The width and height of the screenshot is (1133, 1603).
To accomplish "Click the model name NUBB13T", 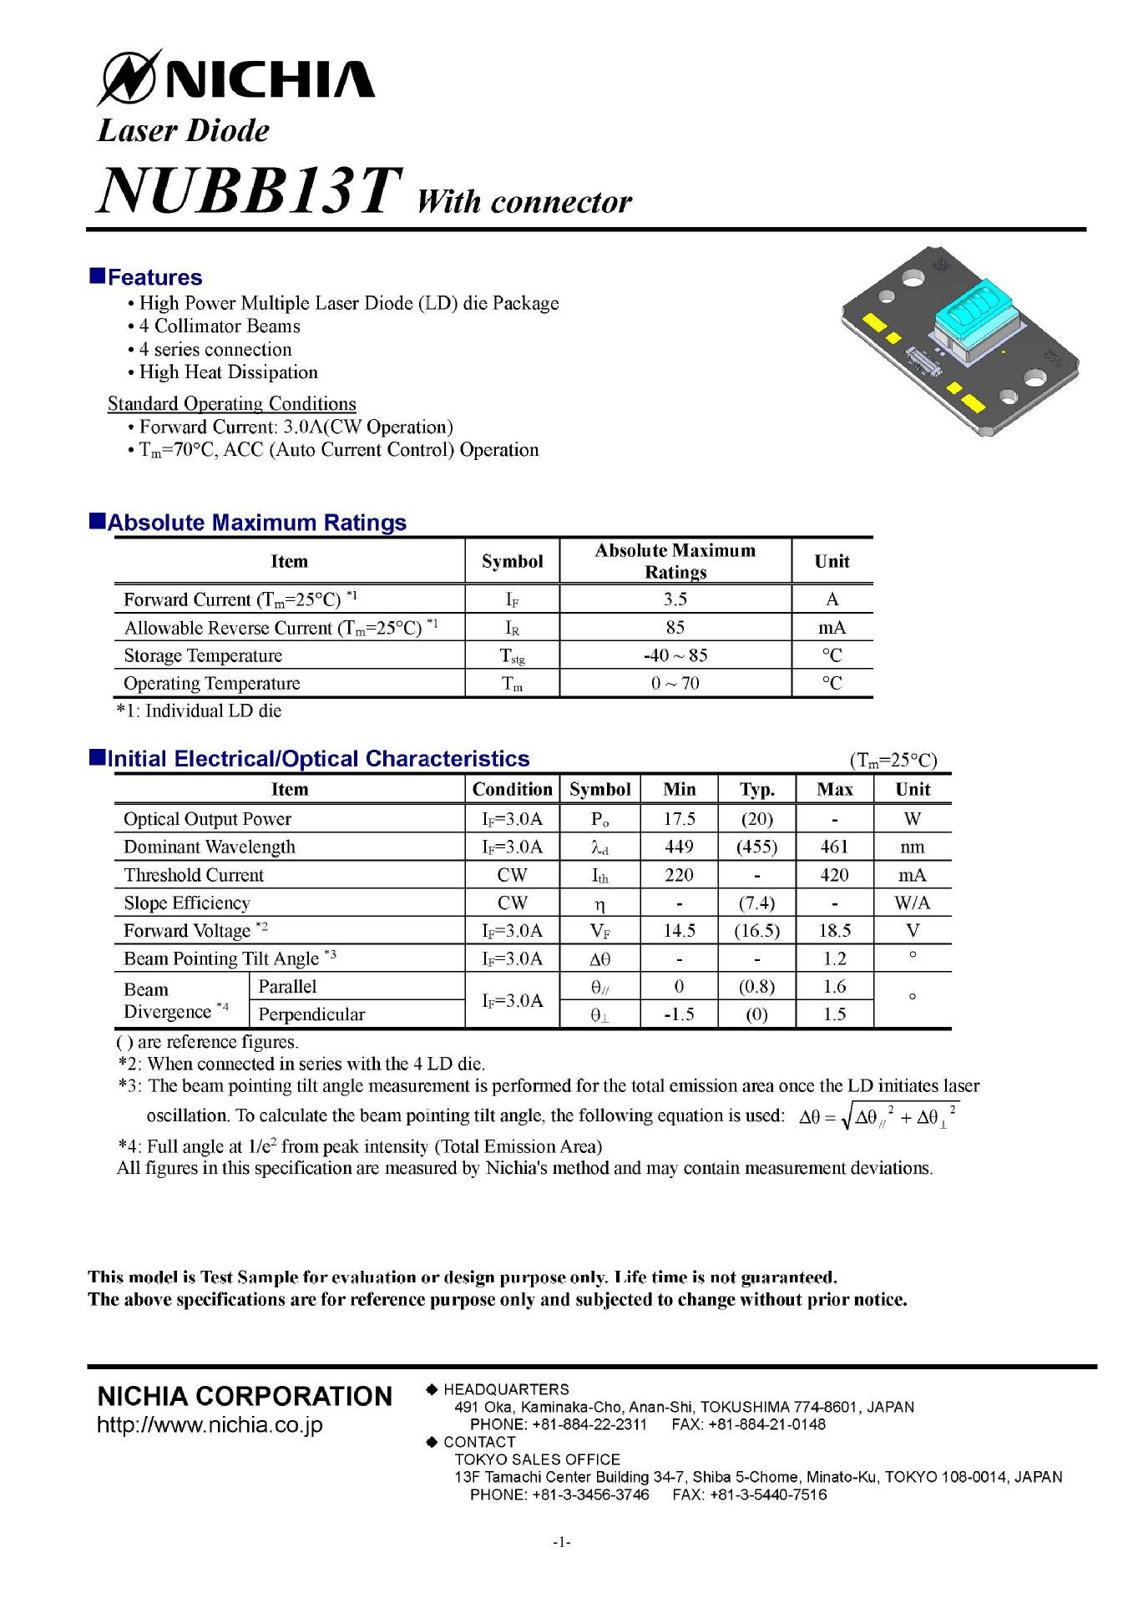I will coord(250,190).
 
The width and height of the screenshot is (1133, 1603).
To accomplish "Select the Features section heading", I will coord(154,277).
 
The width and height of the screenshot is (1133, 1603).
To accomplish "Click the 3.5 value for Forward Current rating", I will coord(675,599).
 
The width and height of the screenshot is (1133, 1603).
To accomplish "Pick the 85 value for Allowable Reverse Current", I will coord(675,627).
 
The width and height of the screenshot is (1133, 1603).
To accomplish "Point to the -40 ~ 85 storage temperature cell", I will coord(675,655).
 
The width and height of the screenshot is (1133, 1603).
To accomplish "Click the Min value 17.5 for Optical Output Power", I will coord(679,819).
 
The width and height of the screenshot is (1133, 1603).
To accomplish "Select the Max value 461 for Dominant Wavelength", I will coord(834,847).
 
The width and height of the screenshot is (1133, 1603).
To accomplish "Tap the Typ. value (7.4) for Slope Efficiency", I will coord(756,903).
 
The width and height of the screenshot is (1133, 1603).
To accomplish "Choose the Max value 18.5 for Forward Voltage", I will coord(834,930).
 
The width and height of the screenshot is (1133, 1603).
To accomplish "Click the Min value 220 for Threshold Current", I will coord(679,875).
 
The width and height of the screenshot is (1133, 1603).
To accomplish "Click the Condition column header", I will coord(512,789).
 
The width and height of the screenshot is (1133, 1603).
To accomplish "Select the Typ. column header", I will coord(756,789).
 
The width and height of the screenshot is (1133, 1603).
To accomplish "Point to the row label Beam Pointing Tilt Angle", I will coord(221,958).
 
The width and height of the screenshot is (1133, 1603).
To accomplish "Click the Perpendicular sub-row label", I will coord(311,1014).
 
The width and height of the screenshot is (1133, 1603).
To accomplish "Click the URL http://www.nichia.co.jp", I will coord(210,1424).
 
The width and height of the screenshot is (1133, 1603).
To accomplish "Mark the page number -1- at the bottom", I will coord(561,1542).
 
